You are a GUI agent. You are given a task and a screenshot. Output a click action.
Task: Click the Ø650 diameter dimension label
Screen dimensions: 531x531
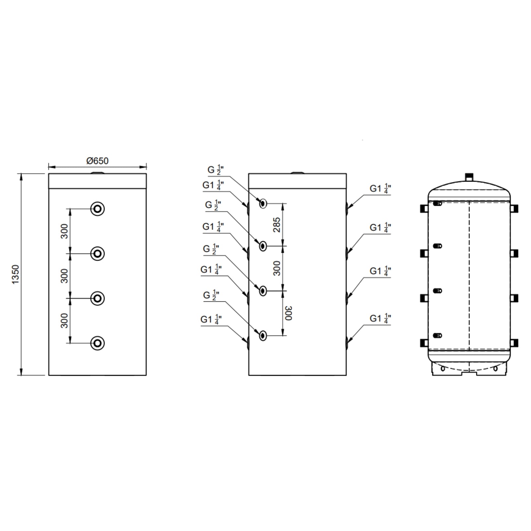[x=97, y=161]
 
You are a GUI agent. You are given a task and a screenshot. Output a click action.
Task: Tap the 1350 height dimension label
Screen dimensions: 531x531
[x=16, y=274]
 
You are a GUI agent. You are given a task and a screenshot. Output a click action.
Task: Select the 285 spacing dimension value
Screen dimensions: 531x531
[x=276, y=225]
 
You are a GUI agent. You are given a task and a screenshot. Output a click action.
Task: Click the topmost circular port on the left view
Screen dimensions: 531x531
[x=98, y=209]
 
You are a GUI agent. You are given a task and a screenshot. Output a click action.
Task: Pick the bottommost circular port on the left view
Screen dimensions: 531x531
[x=98, y=343]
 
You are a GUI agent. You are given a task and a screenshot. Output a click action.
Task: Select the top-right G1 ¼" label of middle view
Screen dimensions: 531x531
[x=380, y=189]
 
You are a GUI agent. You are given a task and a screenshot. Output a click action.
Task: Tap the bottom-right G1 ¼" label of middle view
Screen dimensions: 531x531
[x=380, y=319]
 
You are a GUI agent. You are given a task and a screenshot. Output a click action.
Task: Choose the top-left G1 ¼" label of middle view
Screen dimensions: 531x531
[x=213, y=185]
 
